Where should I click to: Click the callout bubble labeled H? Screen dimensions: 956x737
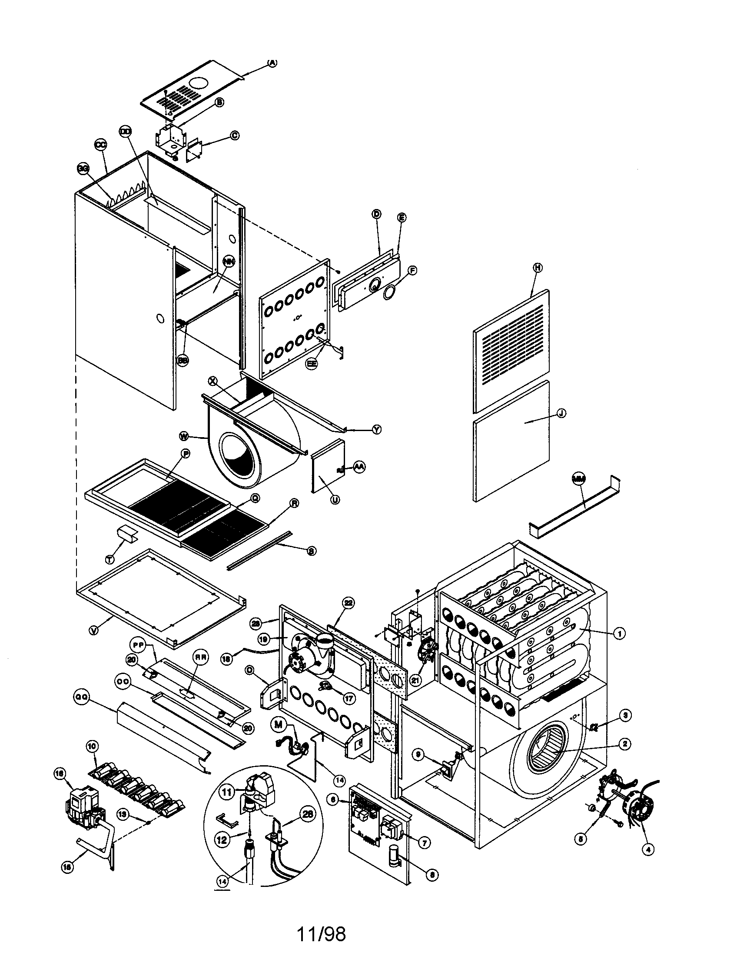tap(538, 267)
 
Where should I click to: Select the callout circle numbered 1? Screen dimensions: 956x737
tap(619, 633)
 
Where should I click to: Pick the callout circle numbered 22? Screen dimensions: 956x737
tap(348, 603)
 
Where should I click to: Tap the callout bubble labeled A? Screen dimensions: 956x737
tap(272, 63)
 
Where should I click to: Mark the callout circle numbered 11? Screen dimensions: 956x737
tap(226, 792)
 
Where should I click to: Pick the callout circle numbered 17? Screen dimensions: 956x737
tap(349, 699)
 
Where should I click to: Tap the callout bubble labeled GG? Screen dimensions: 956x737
tap(83, 169)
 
